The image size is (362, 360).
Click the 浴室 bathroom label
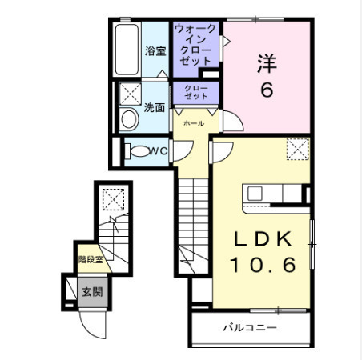point(155,51)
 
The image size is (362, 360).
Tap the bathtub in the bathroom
point(127,50)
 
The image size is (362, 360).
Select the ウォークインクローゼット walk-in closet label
point(195,45)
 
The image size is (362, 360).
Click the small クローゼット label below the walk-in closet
point(195,92)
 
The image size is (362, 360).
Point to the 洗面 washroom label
point(155,107)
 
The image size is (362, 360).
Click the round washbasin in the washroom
point(129,119)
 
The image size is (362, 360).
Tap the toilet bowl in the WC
point(139,151)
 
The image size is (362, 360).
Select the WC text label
point(159,151)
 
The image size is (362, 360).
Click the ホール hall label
point(194,123)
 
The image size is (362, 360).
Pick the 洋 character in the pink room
point(267,63)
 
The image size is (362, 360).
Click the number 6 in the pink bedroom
point(267,90)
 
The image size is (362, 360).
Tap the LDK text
point(263,239)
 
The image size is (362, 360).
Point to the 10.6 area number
point(263,265)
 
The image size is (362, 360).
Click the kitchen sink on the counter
point(255,193)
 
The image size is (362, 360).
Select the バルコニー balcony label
point(250,327)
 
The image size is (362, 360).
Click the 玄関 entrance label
point(92,292)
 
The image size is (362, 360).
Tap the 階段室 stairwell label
point(90,259)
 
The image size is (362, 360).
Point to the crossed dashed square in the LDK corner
point(298,149)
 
